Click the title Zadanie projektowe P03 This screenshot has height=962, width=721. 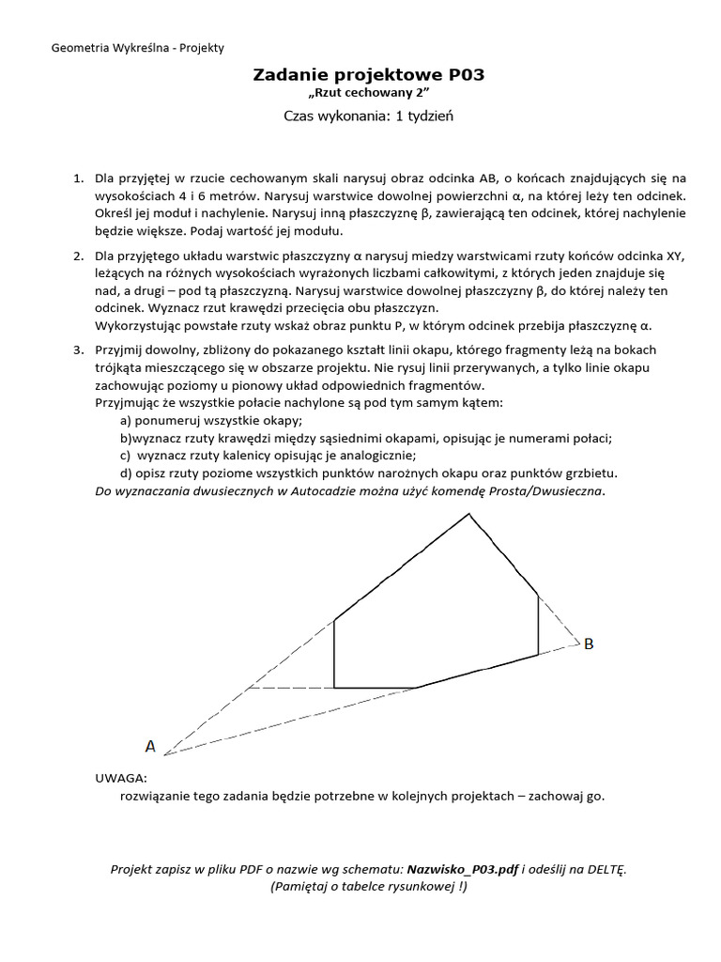point(369,75)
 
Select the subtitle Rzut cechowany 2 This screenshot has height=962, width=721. point(369,96)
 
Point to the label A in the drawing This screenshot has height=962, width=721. point(150,746)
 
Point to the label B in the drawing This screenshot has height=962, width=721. point(589,644)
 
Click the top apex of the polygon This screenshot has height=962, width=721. point(469,513)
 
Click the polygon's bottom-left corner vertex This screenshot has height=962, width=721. point(335,688)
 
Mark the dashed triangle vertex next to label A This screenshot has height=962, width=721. point(165,754)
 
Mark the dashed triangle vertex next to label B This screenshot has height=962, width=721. point(579,644)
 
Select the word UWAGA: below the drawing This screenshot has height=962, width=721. point(121,778)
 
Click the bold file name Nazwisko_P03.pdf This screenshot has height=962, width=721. point(464,869)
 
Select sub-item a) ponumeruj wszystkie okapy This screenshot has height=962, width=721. point(210,421)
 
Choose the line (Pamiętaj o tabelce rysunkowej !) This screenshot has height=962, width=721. point(369,886)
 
